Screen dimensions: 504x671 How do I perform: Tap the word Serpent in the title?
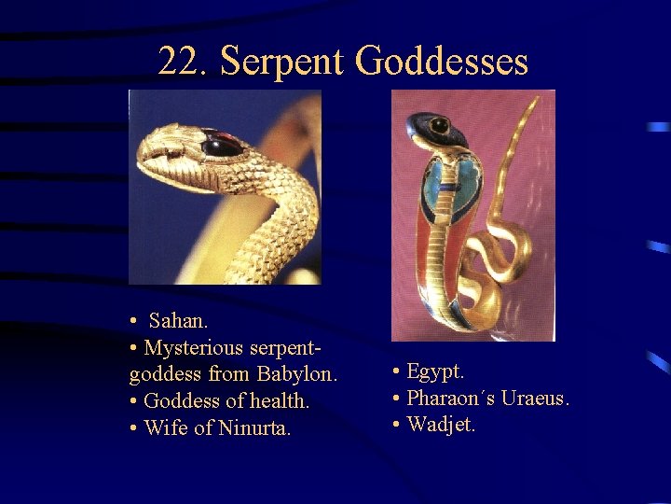[x=282, y=62]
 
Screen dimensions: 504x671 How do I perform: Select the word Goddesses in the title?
[x=442, y=62]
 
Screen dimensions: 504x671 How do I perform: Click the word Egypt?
[x=435, y=371]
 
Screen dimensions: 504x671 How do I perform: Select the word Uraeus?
[x=534, y=399]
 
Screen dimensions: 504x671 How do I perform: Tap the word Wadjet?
[x=441, y=426]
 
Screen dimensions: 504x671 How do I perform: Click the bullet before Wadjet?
[x=397, y=426]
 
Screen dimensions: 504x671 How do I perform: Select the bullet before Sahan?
[x=135, y=321]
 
